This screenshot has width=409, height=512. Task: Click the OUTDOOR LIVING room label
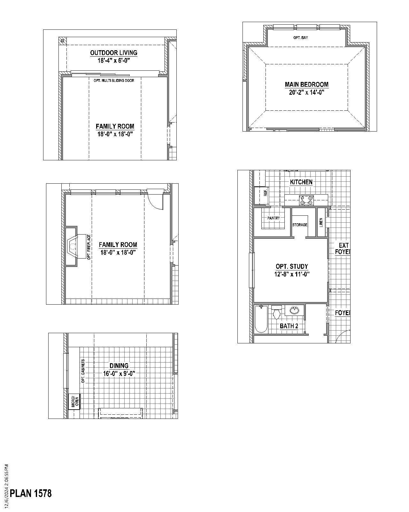[113, 53]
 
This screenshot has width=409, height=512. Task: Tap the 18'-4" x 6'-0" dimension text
[114, 60]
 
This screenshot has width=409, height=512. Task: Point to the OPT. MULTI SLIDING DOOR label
[114, 81]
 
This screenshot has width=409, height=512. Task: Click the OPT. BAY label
[301, 38]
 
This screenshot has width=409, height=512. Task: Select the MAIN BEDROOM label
[306, 84]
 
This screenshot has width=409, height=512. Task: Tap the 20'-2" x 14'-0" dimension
[306, 92]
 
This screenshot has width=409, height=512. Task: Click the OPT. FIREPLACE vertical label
[89, 247]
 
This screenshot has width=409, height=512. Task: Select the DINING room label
[119, 365]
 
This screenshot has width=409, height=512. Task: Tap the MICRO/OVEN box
[74, 402]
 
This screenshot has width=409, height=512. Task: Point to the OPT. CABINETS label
[83, 371]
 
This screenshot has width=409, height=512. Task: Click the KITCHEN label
[301, 182]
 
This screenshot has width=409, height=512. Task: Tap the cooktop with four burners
[306, 200]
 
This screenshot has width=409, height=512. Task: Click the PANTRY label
[274, 218]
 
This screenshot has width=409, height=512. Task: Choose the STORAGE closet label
[300, 225]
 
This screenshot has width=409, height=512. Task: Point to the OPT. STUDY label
[292, 266]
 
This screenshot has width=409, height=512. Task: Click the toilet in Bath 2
[277, 312]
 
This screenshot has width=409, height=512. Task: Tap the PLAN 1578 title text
[31, 493]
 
